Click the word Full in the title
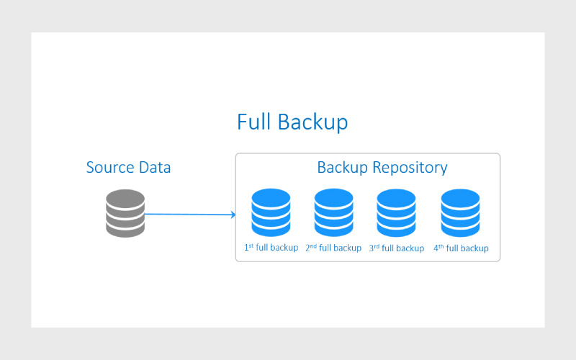click(x=253, y=122)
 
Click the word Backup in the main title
click(x=312, y=122)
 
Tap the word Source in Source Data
click(x=110, y=168)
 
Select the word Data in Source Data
click(x=155, y=168)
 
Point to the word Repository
click(x=410, y=168)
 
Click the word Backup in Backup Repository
click(x=343, y=168)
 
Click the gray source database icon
click(x=125, y=213)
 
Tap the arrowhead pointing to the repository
click(x=233, y=215)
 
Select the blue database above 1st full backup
click(x=271, y=212)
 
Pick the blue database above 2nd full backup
click(x=333, y=212)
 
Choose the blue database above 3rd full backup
click(x=397, y=212)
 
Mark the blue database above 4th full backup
click(x=460, y=212)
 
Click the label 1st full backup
click(x=271, y=248)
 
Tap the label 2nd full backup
click(x=333, y=248)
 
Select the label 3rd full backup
click(x=397, y=248)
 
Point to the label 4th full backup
click(x=461, y=248)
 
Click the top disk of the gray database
click(x=125, y=199)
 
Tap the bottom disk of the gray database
click(x=125, y=230)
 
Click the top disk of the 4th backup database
click(x=460, y=199)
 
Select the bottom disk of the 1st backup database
click(x=271, y=229)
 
